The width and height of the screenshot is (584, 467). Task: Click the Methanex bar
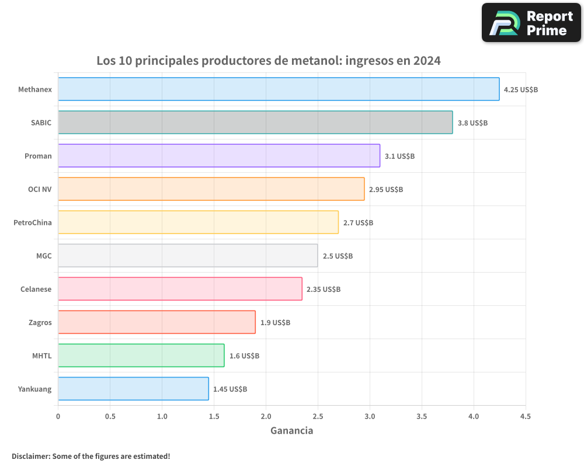(x=279, y=89)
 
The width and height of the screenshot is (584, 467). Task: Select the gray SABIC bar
(x=255, y=123)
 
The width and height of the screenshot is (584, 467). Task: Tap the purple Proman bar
(x=219, y=156)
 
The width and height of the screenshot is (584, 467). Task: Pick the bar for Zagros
(x=157, y=322)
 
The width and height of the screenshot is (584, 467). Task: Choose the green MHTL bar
(x=141, y=356)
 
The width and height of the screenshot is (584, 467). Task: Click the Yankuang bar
(x=133, y=389)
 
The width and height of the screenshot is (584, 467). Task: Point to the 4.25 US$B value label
(x=521, y=90)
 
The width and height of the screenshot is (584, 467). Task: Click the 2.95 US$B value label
(x=386, y=190)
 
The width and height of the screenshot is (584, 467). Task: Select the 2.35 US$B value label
(x=324, y=290)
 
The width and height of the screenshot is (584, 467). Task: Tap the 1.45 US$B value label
(x=230, y=389)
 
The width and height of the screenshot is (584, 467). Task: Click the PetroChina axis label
(x=33, y=222)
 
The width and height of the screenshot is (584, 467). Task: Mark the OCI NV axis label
(x=40, y=189)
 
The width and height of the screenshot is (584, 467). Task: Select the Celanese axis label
(x=36, y=289)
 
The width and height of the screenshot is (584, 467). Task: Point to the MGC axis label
(x=44, y=256)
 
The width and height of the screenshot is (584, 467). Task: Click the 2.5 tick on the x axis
(x=318, y=416)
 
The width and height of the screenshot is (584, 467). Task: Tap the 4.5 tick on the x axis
(x=526, y=416)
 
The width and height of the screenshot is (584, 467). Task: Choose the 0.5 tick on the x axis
(x=110, y=416)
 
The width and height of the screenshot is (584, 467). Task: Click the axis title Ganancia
(x=291, y=431)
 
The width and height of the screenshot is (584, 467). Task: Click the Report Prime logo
(x=531, y=23)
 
